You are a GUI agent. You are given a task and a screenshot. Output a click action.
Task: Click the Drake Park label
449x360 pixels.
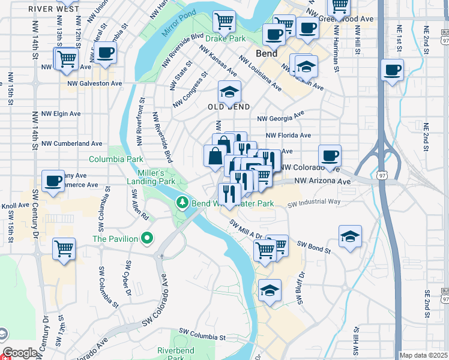226,38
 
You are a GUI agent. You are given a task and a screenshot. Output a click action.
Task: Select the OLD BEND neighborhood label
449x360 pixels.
228,107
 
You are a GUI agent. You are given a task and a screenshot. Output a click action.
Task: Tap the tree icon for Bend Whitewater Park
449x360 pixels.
182,203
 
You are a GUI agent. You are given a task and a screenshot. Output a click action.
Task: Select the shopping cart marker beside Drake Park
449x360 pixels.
224,22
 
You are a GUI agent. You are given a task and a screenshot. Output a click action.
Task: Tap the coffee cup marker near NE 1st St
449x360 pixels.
392,71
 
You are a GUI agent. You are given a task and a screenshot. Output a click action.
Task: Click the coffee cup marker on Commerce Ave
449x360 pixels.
53,181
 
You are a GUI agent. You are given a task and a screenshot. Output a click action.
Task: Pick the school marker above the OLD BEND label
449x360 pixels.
229,92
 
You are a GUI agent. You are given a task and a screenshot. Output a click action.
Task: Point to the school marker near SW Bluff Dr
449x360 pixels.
270,291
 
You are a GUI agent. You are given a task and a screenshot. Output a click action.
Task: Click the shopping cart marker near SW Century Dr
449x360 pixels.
64,248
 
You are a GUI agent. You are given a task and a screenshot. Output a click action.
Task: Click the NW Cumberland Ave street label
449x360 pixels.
73,144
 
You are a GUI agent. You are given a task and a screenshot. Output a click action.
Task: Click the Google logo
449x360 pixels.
20,353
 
